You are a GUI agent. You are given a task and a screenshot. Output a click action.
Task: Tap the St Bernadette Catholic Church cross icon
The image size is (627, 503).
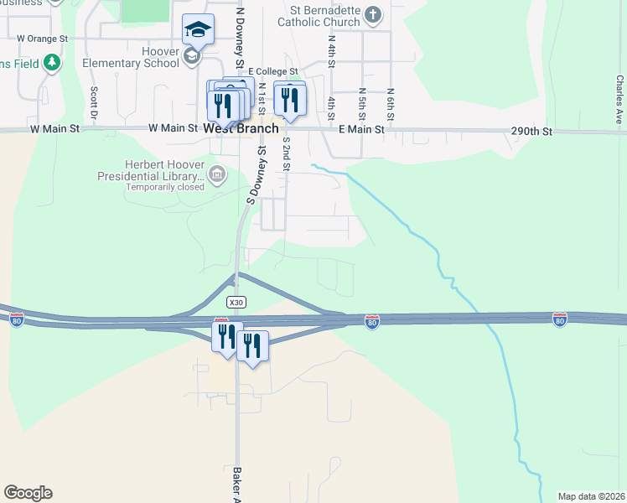pyautogui.click(x=374, y=15)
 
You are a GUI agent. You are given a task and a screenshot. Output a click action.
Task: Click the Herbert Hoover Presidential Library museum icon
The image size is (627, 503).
pyautogui.click(x=217, y=174)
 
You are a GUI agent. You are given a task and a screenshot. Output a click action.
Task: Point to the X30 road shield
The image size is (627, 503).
pyautogui.click(x=236, y=301)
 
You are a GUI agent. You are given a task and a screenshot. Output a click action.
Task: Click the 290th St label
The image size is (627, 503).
pyautogui.click(x=532, y=132)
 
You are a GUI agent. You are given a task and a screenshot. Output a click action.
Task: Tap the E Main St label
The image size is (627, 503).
pyautogui.click(x=361, y=129)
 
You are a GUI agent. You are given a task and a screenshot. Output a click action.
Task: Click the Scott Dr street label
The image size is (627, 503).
pyautogui.click(x=94, y=102)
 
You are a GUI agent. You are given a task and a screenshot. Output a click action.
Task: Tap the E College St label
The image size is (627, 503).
pyautogui.click(x=272, y=72)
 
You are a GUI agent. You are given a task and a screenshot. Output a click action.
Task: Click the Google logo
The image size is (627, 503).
pyautogui.click(x=28, y=492)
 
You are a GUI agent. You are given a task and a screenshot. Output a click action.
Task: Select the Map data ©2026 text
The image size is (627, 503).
pyautogui.click(x=591, y=496)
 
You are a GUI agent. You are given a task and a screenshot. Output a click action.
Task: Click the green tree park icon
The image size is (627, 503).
pyautogui.click(x=52, y=62)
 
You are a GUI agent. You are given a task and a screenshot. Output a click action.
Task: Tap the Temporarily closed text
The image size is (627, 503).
pyautogui.click(x=165, y=187)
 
